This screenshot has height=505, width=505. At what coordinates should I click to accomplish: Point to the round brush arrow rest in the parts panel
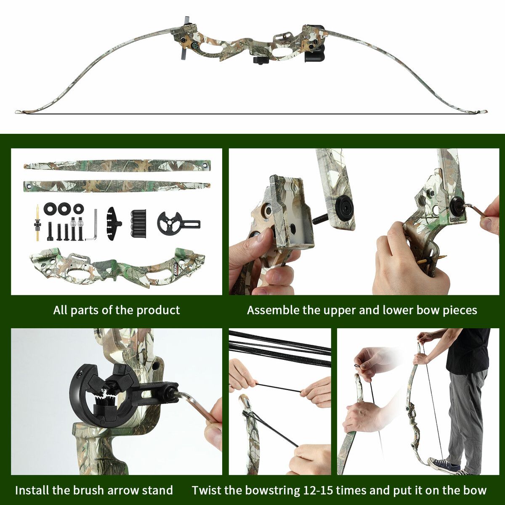pos(178,223)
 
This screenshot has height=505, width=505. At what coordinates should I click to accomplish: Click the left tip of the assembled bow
pos(16,112)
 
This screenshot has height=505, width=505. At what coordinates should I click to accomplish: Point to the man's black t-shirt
pos(470,348)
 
